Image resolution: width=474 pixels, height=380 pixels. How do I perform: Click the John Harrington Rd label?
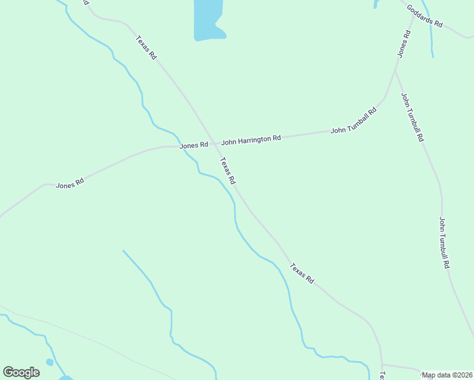click(250, 139)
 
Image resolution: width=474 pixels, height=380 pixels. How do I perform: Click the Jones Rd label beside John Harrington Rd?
click(194, 145)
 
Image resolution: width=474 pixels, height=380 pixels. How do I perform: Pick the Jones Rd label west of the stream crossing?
click(70, 184)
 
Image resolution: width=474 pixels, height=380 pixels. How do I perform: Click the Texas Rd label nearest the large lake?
click(146, 47)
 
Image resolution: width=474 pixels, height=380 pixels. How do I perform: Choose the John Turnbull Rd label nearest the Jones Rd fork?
click(412, 117)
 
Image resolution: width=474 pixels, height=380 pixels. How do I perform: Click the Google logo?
click(21, 372)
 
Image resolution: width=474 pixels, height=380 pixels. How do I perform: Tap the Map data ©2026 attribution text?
click(447, 375)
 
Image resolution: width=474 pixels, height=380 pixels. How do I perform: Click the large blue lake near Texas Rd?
click(207, 19)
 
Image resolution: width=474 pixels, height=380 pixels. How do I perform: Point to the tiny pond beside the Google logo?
click(49, 362)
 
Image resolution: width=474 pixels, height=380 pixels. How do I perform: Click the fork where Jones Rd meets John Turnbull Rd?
click(395, 70)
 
